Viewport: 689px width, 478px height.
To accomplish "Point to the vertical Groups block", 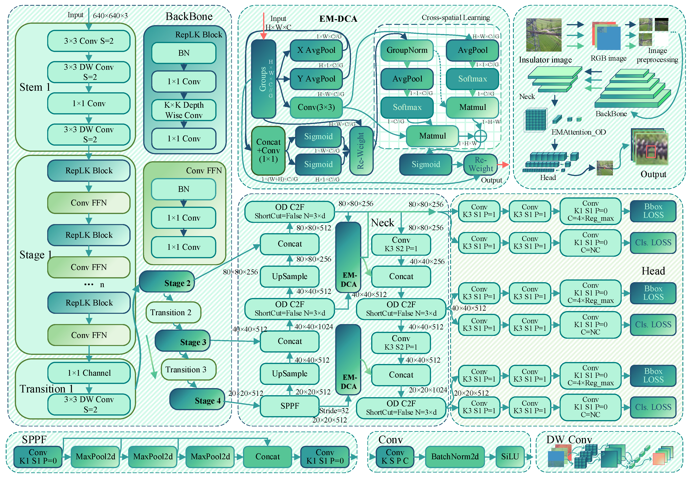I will click(x=263, y=79).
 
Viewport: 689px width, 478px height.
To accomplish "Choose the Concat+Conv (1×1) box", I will click(x=268, y=151).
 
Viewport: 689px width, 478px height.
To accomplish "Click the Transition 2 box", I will click(x=173, y=312).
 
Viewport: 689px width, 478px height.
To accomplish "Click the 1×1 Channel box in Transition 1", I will click(x=89, y=373).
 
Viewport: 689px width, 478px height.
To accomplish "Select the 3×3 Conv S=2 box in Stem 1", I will click(x=89, y=41).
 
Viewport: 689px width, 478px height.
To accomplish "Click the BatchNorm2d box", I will click(x=455, y=456).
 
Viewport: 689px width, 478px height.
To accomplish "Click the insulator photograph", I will click(x=544, y=35).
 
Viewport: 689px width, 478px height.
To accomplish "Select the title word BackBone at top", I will click(x=189, y=16).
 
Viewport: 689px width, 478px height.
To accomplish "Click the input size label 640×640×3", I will click(x=110, y=16).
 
